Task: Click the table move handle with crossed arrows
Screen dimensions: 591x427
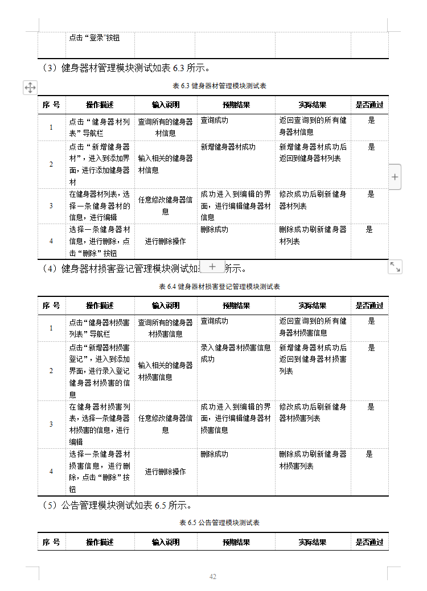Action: (x=30, y=87)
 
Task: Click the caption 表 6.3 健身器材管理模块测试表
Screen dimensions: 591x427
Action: (x=219, y=86)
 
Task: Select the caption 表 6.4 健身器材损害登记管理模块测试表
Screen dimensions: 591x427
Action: (x=219, y=287)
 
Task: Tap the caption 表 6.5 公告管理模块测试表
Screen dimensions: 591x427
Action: (x=219, y=523)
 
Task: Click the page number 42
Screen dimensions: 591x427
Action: (x=213, y=577)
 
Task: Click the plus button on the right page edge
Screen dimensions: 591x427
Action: (x=395, y=177)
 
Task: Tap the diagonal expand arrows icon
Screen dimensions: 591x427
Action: (x=395, y=267)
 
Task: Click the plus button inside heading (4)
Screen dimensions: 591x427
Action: (x=212, y=267)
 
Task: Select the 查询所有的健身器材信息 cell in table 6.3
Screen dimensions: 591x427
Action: (x=165, y=127)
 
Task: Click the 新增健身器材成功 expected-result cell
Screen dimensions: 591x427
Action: (x=228, y=147)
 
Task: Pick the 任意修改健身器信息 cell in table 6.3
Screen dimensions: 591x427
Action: (x=165, y=205)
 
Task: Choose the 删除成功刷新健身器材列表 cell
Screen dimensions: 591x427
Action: (x=313, y=235)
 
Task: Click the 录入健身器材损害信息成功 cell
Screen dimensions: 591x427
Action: (x=236, y=353)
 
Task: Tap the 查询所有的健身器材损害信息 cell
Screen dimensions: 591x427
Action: (x=165, y=328)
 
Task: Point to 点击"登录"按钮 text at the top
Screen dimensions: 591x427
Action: (x=95, y=38)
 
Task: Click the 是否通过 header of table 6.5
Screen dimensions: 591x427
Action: (x=369, y=542)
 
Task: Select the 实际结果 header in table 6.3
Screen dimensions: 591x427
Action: (x=313, y=105)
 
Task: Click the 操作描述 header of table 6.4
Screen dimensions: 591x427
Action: (x=100, y=305)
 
